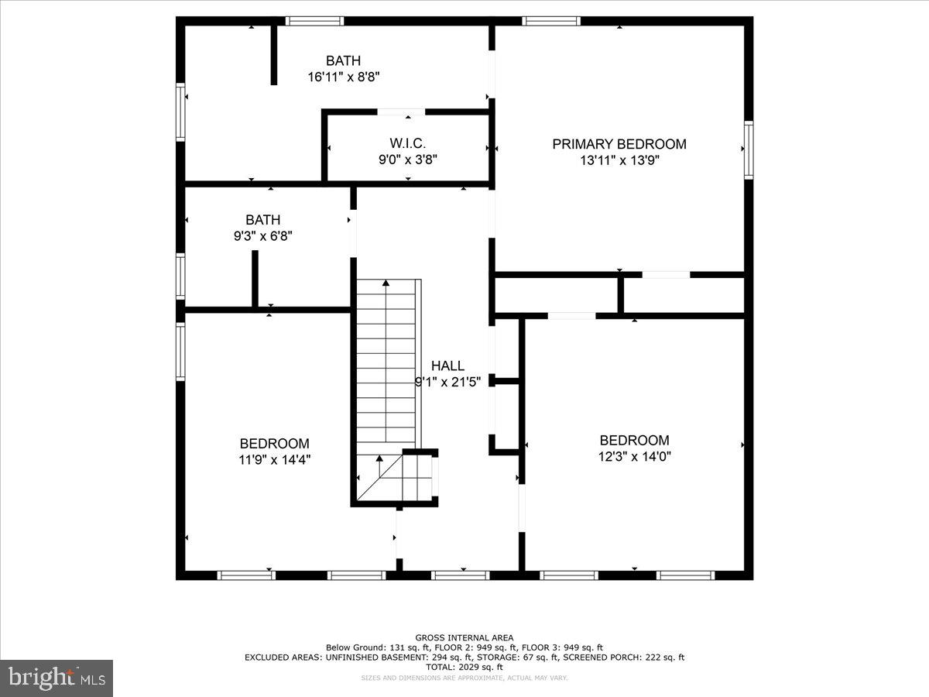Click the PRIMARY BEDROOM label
(619, 144)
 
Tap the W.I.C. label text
(407, 143)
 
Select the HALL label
(447, 366)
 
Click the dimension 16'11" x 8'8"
(343, 77)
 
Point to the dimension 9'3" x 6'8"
(262, 236)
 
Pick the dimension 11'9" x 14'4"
(274, 459)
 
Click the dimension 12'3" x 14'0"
(634, 456)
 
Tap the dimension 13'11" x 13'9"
(619, 160)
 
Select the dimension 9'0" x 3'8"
(407, 160)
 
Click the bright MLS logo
(57, 678)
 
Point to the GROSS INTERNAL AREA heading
(464, 638)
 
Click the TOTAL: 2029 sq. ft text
(464, 667)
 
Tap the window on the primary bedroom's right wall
(749, 150)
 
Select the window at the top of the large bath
(314, 21)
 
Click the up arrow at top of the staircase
(384, 287)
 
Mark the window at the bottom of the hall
(460, 575)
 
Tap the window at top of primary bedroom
(551, 21)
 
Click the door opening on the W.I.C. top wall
(401, 112)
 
